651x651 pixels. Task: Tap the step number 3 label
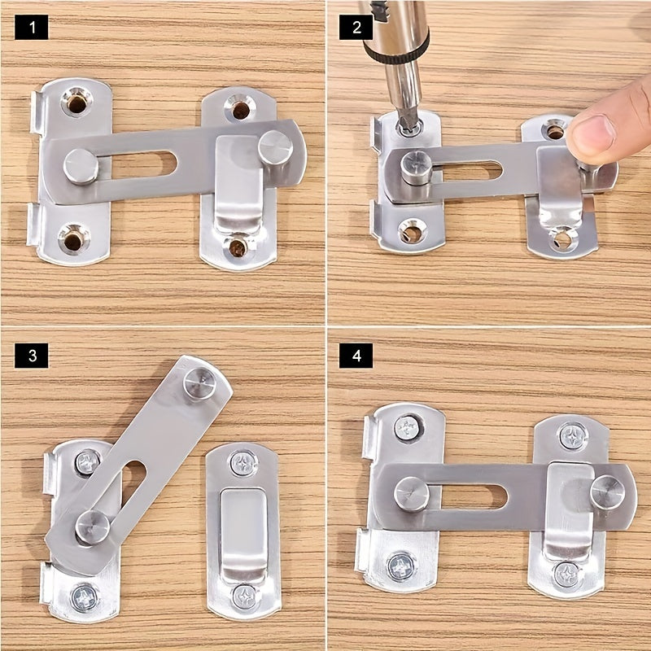click(32, 355)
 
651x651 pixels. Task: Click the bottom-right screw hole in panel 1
click(237, 246)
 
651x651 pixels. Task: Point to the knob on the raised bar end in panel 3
click(200, 382)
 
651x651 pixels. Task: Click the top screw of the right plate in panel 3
click(242, 464)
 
